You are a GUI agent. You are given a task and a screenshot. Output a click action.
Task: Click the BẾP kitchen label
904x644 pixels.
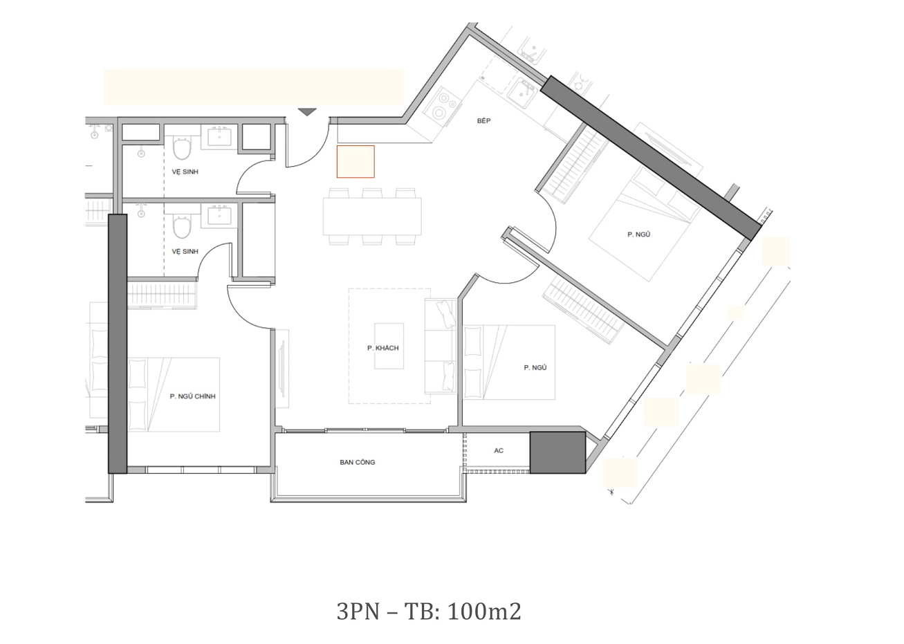coord(483,120)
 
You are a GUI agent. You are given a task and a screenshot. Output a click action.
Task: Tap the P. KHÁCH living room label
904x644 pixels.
coord(382,348)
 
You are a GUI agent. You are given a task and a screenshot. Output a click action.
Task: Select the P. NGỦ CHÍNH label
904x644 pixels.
coord(192,396)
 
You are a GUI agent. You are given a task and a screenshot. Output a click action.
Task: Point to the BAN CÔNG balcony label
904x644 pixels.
coord(357,462)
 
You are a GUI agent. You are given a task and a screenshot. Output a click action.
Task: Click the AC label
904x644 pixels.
coord(499,450)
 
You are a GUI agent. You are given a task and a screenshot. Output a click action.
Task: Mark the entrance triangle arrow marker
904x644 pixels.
coord(307,112)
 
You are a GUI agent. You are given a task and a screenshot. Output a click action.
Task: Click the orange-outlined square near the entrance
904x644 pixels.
coord(356,161)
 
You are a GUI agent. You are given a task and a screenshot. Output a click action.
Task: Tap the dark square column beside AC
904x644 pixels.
coord(557,452)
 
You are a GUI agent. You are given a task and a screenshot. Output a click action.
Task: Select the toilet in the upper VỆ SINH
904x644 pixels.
coord(182,149)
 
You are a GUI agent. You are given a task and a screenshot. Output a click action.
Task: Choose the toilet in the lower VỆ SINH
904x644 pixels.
coord(182,227)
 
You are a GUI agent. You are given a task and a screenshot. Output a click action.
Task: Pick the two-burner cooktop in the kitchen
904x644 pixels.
coord(443,104)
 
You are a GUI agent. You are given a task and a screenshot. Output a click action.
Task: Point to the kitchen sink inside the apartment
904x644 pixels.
coord(521,94)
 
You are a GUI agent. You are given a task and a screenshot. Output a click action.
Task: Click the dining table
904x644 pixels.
coord(372,217)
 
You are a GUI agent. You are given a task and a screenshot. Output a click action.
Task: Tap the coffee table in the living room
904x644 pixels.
coord(389,346)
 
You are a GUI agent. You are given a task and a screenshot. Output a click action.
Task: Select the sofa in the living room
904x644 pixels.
coord(441,347)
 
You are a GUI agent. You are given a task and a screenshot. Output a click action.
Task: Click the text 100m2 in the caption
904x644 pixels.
coord(485,611)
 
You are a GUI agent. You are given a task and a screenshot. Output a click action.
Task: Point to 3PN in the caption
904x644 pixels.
coord(358,611)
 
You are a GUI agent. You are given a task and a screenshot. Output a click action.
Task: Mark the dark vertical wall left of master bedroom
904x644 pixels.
coord(118,343)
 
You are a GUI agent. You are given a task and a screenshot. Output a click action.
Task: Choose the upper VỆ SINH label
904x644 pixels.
coord(185,172)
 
